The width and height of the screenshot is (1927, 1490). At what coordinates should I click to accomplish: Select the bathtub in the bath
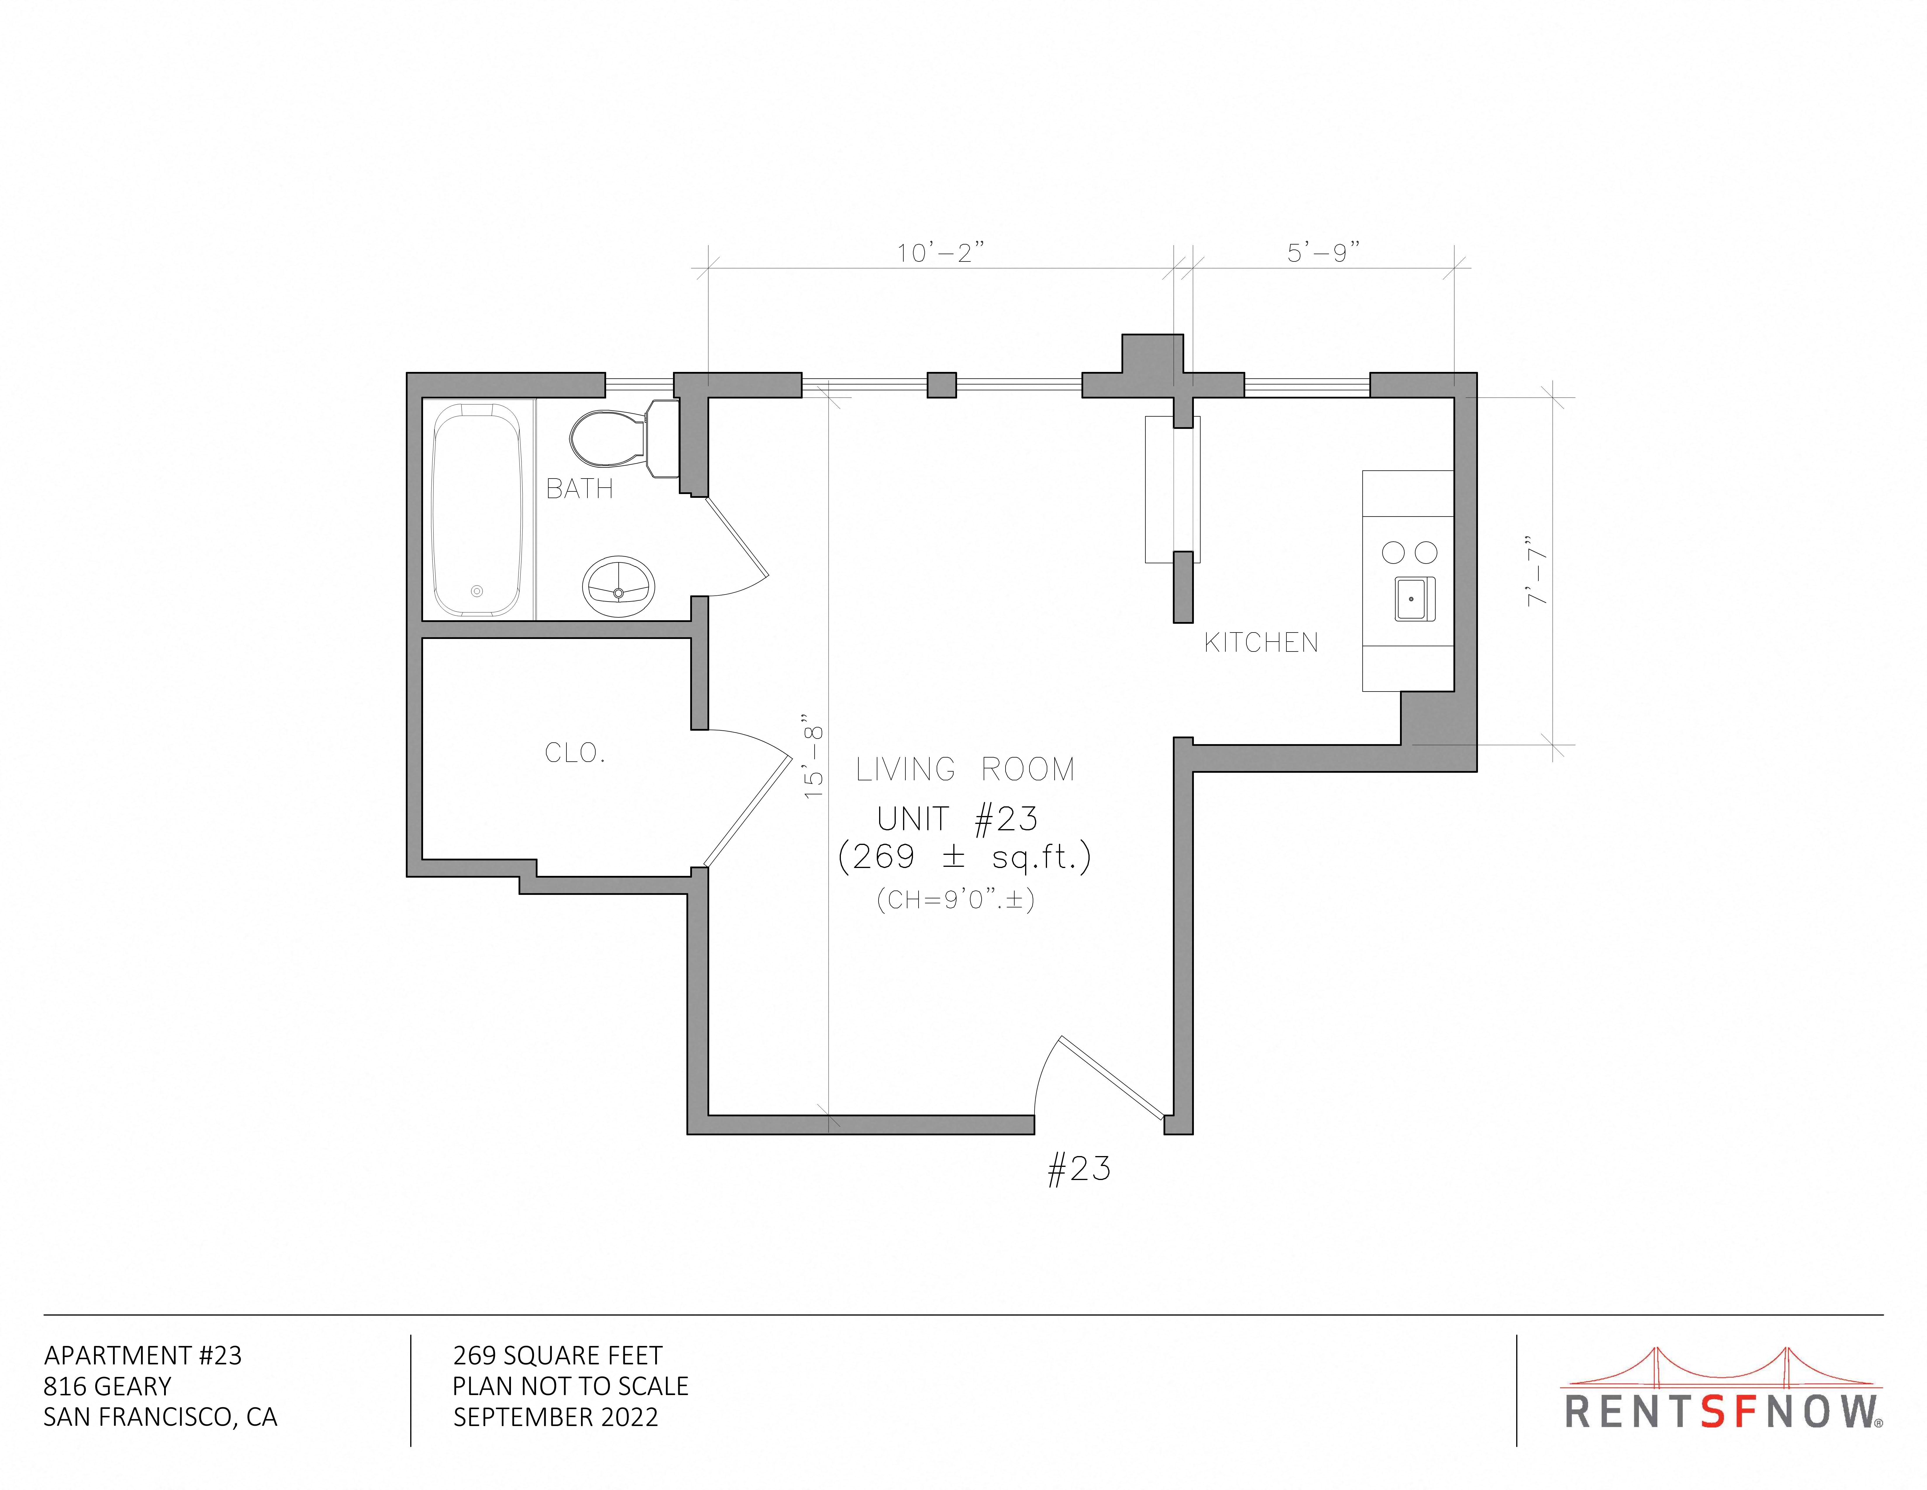tap(476, 509)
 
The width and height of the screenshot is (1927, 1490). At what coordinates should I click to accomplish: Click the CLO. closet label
tap(574, 753)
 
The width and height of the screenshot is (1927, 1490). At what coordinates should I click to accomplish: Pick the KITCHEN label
tap(1261, 643)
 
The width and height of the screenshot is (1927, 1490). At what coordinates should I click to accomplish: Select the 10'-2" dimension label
tap(940, 253)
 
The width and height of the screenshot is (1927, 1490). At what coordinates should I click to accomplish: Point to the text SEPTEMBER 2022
tap(556, 1418)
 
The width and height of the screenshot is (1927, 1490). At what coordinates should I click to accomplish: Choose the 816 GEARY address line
tap(108, 1387)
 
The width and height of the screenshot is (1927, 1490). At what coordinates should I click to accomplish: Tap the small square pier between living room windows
tap(941, 386)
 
